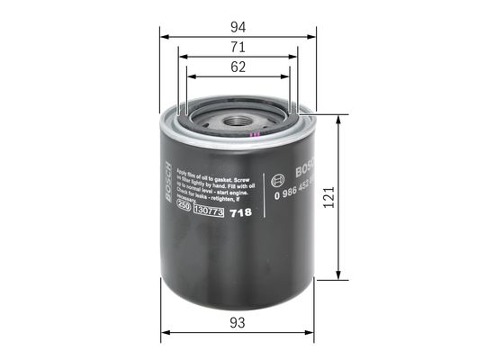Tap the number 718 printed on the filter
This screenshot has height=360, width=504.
click(240, 214)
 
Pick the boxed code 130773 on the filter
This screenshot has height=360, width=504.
click(209, 213)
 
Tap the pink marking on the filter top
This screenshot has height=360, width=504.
click(256, 136)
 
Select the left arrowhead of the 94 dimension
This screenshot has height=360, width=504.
click(165, 36)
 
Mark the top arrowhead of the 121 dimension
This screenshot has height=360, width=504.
click(338, 120)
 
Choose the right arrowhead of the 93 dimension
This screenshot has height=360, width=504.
click(311, 331)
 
